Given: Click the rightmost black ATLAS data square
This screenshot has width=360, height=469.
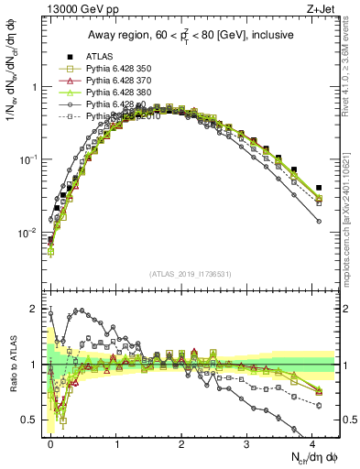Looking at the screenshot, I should [x=319, y=188].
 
